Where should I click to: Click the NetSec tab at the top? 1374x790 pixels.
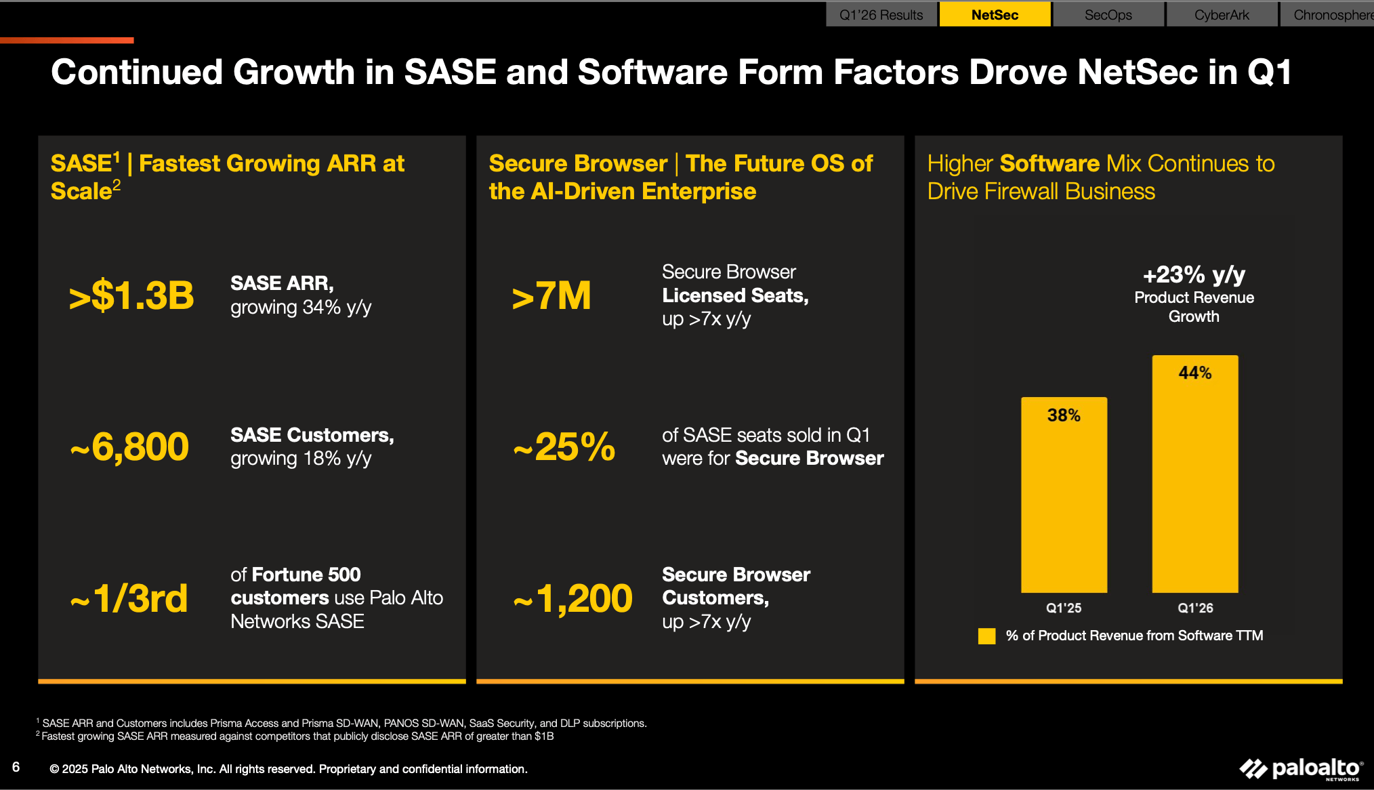click(995, 15)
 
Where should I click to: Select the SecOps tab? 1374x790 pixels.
click(1108, 15)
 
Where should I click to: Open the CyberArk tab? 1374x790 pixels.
click(1222, 15)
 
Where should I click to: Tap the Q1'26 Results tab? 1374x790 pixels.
click(881, 15)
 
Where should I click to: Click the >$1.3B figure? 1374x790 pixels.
click(131, 296)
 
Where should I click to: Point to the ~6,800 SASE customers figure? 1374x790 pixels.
click(130, 447)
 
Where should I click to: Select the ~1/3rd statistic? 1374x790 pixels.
click(129, 599)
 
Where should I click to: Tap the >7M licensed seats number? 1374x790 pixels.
click(551, 296)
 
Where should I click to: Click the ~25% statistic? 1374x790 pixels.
click(564, 447)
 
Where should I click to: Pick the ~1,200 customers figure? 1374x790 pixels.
click(573, 599)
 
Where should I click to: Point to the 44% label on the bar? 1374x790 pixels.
click(1195, 373)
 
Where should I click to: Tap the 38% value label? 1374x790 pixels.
click(1064, 415)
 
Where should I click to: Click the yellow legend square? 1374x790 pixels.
click(987, 636)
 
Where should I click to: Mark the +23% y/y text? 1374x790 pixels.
click(1194, 275)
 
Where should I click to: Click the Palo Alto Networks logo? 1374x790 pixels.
click(1301, 769)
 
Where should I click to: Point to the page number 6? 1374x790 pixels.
click(16, 767)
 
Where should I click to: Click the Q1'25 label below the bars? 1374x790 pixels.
click(1064, 608)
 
